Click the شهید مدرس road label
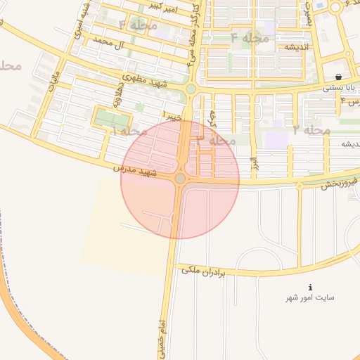pyautogui.click(x=135, y=170)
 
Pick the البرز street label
pyautogui.click(x=251, y=167)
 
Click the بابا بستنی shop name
pyautogui.click(x=340, y=89)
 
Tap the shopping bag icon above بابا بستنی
pyautogui.click(x=339, y=77)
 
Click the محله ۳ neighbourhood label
pyautogui.click(x=215, y=140)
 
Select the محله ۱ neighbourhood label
pyautogui.click(x=127, y=131)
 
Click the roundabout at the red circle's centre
pyautogui.click(x=181, y=179)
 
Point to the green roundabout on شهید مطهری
pyautogui.click(x=191, y=89)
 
